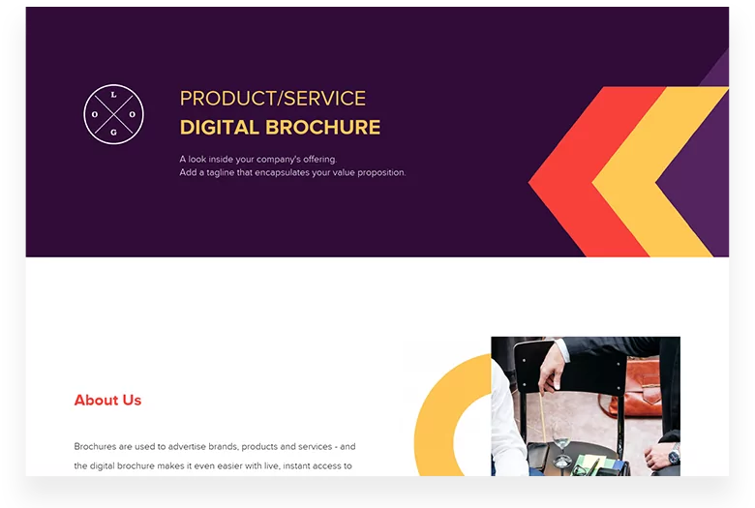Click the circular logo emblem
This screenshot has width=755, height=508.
[x=114, y=114]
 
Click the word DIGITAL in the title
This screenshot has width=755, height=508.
[x=219, y=127]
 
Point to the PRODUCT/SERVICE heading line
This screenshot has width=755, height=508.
[x=273, y=98]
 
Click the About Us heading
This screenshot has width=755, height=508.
[x=107, y=400]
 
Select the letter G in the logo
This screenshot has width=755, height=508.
[x=114, y=132]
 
